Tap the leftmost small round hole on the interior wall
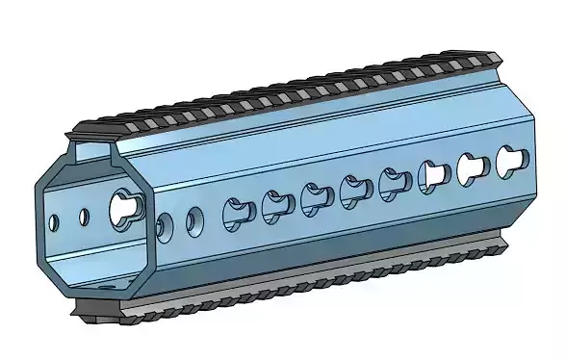coord(53,223)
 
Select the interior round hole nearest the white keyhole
coord(85,217)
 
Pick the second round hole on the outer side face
coord(195,219)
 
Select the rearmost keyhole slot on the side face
coord(508,159)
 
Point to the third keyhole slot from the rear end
coord(433,174)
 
